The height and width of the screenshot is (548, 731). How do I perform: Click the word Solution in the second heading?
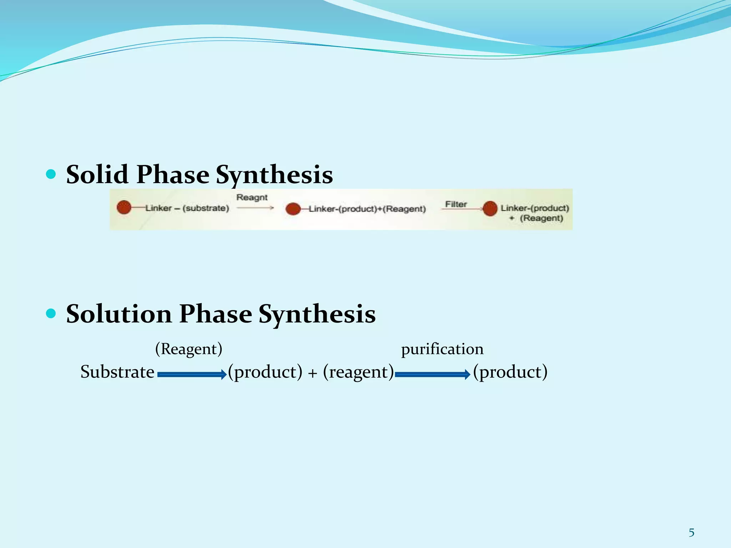click(x=119, y=314)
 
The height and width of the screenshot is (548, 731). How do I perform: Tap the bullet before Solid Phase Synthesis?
click(x=51, y=174)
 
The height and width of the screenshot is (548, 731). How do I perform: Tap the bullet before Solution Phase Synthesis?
click(x=51, y=314)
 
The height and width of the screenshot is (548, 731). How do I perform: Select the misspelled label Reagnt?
click(x=252, y=197)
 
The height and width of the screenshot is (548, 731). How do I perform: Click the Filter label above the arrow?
click(x=456, y=204)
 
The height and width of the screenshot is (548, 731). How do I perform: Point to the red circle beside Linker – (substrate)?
click(x=124, y=207)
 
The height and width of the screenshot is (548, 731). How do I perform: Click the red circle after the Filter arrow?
click(x=490, y=208)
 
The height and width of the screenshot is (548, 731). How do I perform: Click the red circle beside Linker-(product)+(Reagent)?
click(x=293, y=209)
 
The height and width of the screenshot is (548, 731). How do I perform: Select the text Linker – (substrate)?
click(x=187, y=208)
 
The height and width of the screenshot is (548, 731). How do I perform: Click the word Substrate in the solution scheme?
click(x=117, y=372)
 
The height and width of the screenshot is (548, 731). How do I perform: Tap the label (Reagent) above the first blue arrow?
click(x=188, y=349)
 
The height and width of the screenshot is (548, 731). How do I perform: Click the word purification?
click(x=442, y=349)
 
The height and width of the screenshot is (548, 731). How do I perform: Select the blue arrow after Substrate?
click(x=192, y=374)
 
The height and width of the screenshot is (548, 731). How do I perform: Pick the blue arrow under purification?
click(x=432, y=374)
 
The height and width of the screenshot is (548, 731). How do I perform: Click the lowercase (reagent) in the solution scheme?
click(x=358, y=372)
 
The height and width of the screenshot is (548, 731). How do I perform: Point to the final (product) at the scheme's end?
click(x=510, y=372)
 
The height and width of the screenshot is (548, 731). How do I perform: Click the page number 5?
click(x=691, y=533)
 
